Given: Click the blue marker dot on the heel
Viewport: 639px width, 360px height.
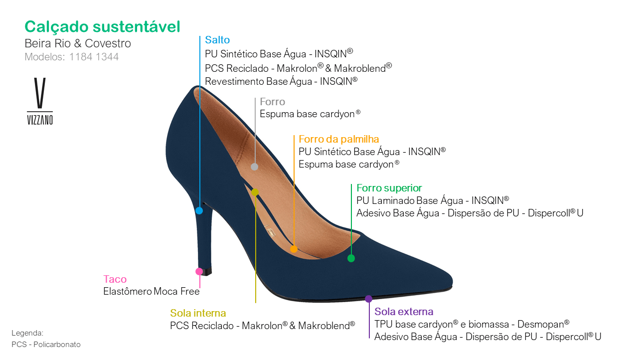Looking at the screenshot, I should pos(199,210).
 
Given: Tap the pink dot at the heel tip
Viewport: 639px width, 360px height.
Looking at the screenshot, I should pos(199,271).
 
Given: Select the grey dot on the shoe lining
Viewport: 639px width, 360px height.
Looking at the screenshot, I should pos(254,167).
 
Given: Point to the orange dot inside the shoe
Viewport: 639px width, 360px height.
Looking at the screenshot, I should pos(294,249).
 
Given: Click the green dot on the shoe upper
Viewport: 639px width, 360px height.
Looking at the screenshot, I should pos(351,258).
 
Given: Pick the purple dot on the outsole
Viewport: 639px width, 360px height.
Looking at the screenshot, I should pos(368,299).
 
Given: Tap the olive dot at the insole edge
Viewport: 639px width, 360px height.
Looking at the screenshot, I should pos(255,192).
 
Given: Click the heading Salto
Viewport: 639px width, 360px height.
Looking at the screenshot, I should pos(217,40).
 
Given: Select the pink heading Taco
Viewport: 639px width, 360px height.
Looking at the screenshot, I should pos(115,279).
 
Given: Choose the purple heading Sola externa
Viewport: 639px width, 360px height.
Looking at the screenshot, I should pos(404,312).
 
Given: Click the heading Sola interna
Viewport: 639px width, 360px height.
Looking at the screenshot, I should pos(198,313).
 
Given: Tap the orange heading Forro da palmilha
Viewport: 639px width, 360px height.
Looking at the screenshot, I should pos(339,139).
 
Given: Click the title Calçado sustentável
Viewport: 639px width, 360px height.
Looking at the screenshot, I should pos(102,27).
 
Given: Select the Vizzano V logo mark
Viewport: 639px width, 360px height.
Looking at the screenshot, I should pos(40,94).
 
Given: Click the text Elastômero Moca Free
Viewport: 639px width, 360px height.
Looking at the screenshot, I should pos(151,292).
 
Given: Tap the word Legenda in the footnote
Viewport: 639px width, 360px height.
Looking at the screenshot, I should pos(27,333).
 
